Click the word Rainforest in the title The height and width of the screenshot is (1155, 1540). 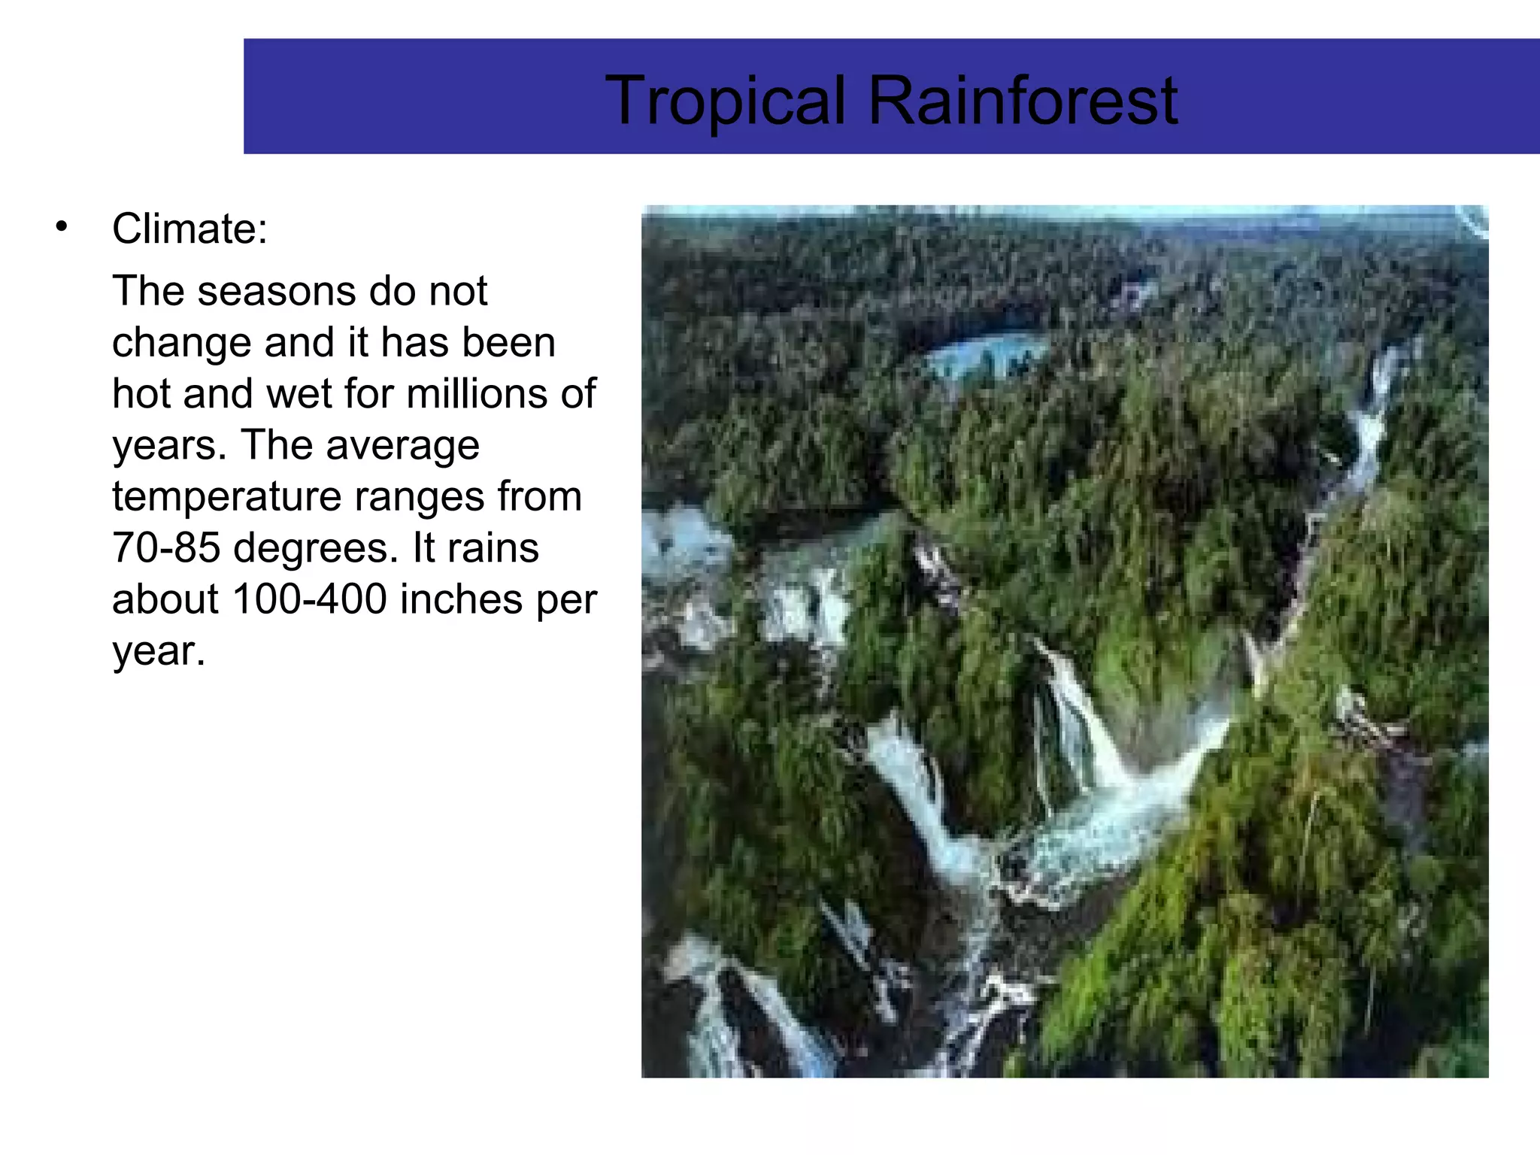pyautogui.click(x=1023, y=101)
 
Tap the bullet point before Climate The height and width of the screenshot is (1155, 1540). pyautogui.click(x=62, y=226)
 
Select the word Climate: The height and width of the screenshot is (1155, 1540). pyautogui.click(x=189, y=229)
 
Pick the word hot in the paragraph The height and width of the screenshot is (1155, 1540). pyautogui.click(x=141, y=394)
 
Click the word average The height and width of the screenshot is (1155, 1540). pyautogui.click(x=402, y=446)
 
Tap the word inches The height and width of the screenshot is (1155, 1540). pyautogui.click(x=461, y=599)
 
